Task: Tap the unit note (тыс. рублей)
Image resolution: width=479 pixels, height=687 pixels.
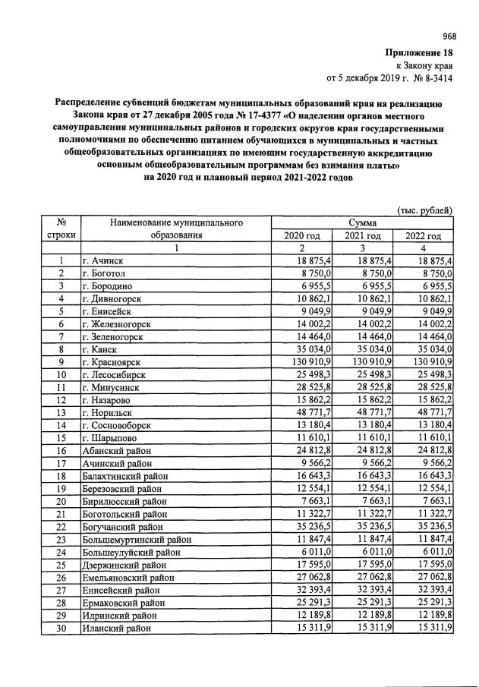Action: pyautogui.click(x=425, y=210)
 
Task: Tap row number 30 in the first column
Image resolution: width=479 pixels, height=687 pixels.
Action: pyautogui.click(x=60, y=629)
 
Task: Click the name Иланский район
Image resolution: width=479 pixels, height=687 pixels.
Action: pyautogui.click(x=118, y=629)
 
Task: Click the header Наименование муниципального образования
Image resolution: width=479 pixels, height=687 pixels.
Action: pyautogui.click(x=176, y=228)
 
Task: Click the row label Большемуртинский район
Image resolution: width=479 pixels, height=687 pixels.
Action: pyautogui.click(x=136, y=538)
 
